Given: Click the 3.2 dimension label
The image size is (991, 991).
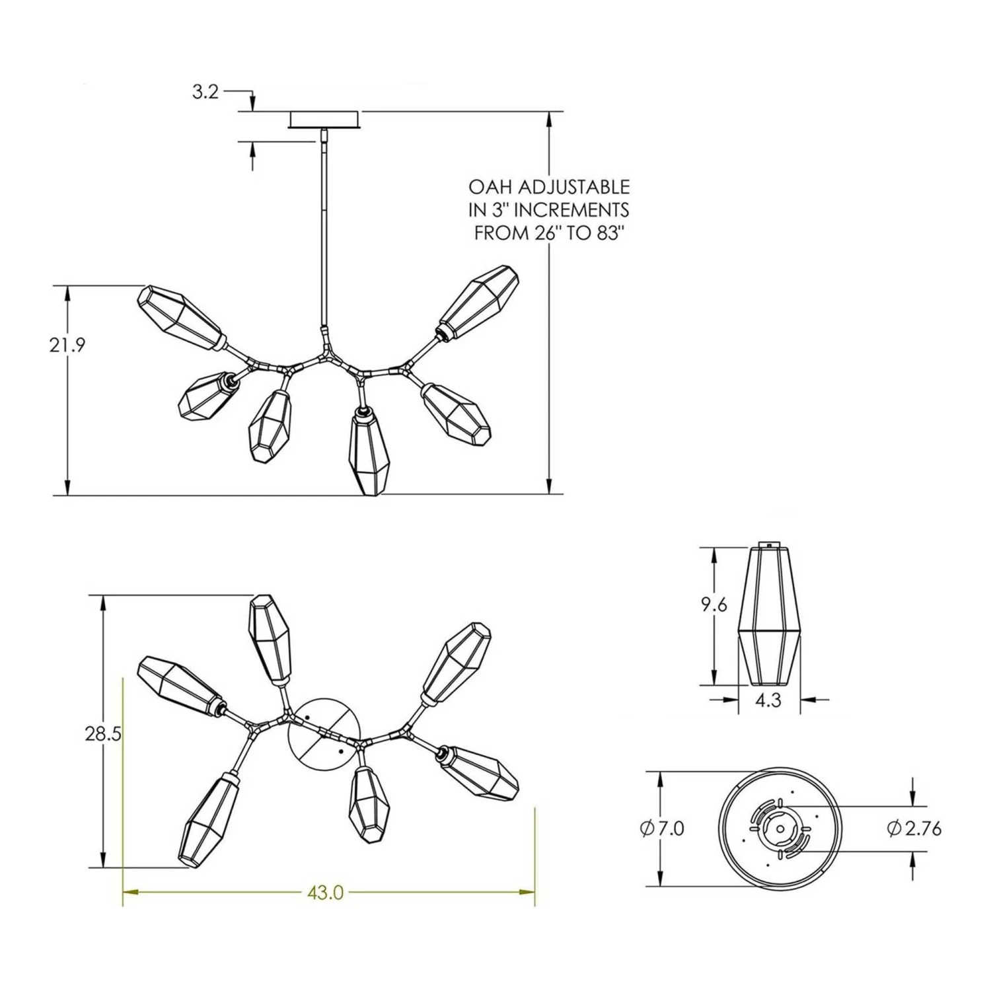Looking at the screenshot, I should [205, 92].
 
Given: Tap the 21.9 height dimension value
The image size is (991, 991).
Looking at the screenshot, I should [67, 345].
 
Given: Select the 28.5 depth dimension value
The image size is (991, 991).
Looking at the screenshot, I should [103, 733].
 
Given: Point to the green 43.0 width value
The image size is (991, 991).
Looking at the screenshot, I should [325, 893].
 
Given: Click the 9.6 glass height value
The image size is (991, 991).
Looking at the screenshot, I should [714, 604].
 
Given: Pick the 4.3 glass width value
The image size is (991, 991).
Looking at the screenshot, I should [768, 700].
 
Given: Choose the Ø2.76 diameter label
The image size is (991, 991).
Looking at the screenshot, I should [914, 828].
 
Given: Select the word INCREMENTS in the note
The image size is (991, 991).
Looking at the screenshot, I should [571, 210].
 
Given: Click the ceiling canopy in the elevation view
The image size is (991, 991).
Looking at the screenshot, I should [324, 120].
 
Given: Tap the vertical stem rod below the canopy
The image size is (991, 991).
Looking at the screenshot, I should [324, 231].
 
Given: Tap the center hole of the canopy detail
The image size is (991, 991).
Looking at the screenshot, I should [780, 828].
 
